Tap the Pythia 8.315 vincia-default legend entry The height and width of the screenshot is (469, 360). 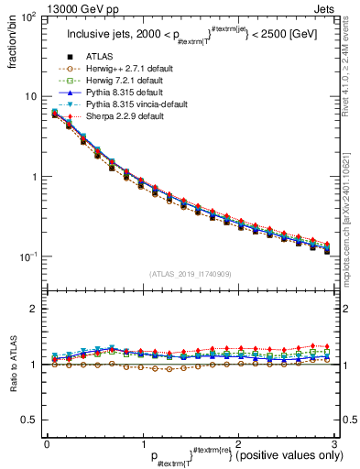(132, 106)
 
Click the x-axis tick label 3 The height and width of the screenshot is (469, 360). (335, 444)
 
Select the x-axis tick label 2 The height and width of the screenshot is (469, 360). (239, 444)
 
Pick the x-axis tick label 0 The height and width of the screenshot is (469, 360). (47, 444)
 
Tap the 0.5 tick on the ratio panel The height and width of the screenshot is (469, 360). (32, 420)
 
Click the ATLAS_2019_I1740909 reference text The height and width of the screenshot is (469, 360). (191, 274)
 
